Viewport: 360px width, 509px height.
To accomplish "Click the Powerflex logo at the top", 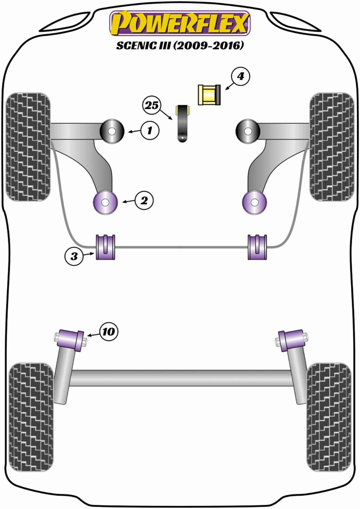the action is point(180,23).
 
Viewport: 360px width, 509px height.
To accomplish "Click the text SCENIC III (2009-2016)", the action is point(180,45).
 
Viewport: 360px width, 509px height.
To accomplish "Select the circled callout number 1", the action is point(150,131).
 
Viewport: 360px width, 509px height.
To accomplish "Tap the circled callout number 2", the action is point(144,201).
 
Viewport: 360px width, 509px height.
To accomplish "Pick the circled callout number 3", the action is point(74,257).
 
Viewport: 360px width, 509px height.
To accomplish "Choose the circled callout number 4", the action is point(240,77).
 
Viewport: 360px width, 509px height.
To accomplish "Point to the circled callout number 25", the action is point(152,105).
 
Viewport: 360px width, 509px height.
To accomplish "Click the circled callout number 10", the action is point(108,332).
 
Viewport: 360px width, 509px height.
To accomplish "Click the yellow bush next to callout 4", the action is point(209,95).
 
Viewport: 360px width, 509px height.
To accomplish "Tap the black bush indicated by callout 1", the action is point(112,131).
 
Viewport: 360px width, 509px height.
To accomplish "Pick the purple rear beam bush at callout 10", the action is point(70,340).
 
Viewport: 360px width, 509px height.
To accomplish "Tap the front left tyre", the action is point(28,147).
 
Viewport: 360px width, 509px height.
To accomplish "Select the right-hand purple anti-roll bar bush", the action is point(257,247).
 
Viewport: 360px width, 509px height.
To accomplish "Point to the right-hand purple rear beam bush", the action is point(292,340).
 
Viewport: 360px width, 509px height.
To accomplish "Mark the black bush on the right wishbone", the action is point(248,131).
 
